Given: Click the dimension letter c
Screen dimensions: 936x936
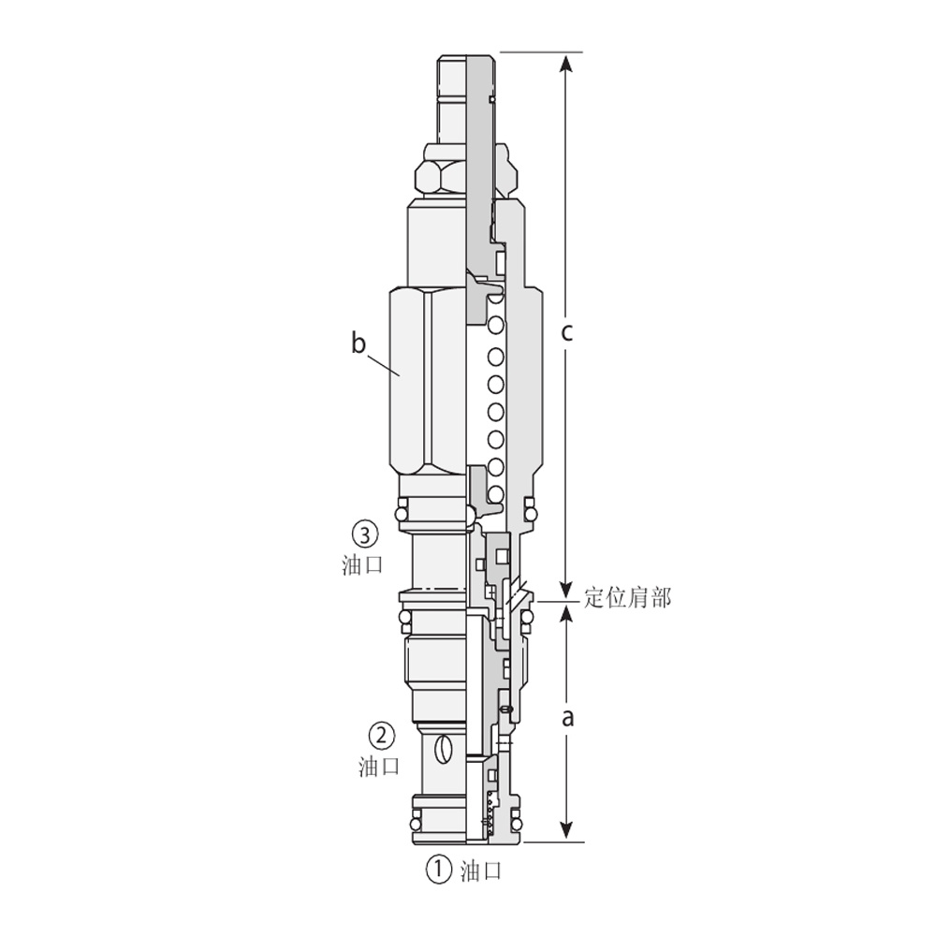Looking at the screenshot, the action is pos(566,332).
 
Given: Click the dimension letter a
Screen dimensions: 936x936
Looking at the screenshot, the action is pos(568,718).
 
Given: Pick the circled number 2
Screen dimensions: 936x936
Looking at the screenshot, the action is pos(382,735).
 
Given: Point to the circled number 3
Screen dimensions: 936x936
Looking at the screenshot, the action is pos(365,534).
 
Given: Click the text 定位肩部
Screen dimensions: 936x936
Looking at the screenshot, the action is pos(627,597).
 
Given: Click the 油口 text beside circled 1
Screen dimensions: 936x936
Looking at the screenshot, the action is pos(480,870).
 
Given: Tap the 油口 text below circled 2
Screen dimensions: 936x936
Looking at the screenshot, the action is pos(379,766).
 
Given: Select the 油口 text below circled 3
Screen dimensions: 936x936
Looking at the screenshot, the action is pos(362,564).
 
